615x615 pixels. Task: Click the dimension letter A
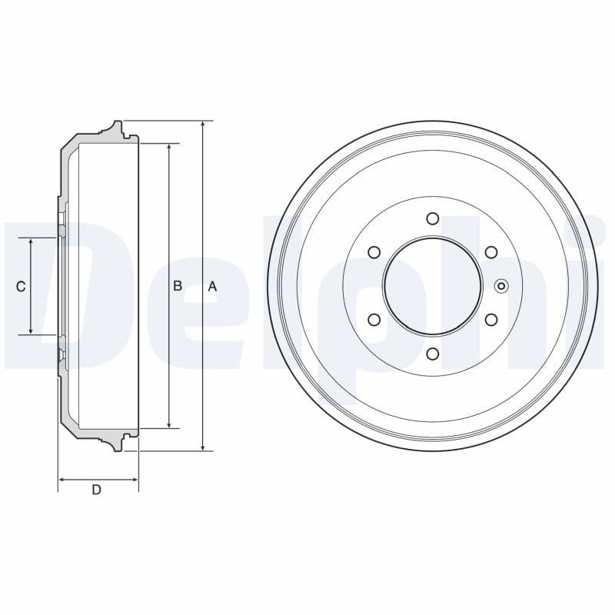coord(213,286)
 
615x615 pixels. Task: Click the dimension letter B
coord(177,286)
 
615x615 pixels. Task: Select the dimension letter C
coord(21,286)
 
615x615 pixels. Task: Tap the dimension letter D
coord(96,490)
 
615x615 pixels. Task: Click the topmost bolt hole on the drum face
coord(433,218)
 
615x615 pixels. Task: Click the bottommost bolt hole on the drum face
coord(433,354)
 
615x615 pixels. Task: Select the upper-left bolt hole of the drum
coord(374,252)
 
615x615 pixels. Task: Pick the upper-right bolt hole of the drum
coord(491,252)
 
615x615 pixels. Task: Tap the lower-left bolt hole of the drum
coord(374,319)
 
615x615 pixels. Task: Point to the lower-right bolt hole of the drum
coord(491,319)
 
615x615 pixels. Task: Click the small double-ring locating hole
coord(501,286)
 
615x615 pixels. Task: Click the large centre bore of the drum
coord(433,286)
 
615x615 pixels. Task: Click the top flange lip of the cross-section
coord(116,128)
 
